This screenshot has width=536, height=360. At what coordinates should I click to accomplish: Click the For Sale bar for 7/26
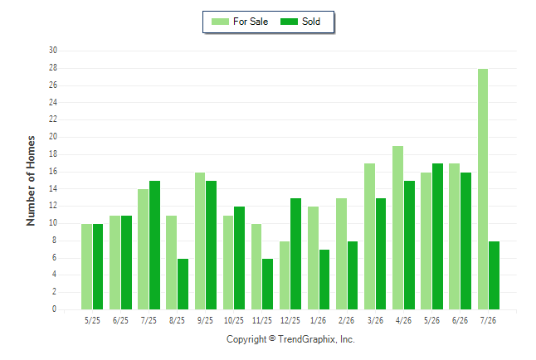pos(483,189)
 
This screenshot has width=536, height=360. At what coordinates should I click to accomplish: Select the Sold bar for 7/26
pos(494,275)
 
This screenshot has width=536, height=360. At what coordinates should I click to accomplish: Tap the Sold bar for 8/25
pos(183,285)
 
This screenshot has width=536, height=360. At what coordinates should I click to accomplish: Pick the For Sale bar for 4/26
pos(398,227)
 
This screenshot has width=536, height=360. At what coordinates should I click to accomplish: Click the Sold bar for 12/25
pos(295,254)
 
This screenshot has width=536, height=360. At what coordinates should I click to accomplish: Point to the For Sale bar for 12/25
pos(285,275)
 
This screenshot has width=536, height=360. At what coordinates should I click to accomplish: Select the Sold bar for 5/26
pos(437,236)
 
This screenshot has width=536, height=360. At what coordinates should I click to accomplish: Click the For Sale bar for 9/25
pos(200,241)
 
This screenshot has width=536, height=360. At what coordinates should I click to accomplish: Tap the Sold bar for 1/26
pos(324,280)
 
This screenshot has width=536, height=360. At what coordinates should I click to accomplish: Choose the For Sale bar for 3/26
pos(369,236)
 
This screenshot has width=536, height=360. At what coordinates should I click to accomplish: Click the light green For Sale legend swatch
pos(220,22)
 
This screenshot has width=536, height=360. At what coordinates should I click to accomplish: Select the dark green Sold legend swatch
pos(290,22)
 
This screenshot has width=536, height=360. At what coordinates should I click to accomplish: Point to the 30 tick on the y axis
pos(53,51)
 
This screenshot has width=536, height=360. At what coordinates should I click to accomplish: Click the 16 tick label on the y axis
pos(53,171)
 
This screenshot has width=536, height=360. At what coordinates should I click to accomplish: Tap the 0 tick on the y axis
pos(55,309)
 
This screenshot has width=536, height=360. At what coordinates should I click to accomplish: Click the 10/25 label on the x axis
pos(234,320)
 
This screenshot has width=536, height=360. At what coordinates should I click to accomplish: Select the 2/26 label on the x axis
pos(346,320)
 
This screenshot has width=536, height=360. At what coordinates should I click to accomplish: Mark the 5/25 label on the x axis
pos(92,320)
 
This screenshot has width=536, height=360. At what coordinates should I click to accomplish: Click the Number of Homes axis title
pos(31,181)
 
